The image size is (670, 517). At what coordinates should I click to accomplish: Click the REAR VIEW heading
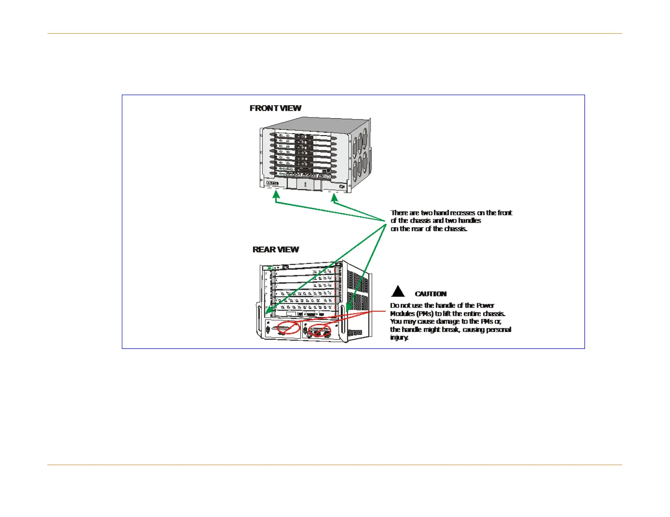coord(276,250)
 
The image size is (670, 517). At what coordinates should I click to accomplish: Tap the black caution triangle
coord(398,292)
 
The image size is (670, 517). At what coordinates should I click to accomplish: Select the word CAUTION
coord(431,294)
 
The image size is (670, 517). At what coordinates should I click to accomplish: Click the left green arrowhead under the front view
coord(276,195)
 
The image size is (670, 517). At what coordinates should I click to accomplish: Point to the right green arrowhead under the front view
coord(334,197)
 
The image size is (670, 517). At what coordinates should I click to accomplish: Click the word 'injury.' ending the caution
coord(399,337)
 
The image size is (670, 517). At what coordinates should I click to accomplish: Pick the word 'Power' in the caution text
coord(485,305)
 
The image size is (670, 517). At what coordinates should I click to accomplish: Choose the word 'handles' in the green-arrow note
coord(470,220)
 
